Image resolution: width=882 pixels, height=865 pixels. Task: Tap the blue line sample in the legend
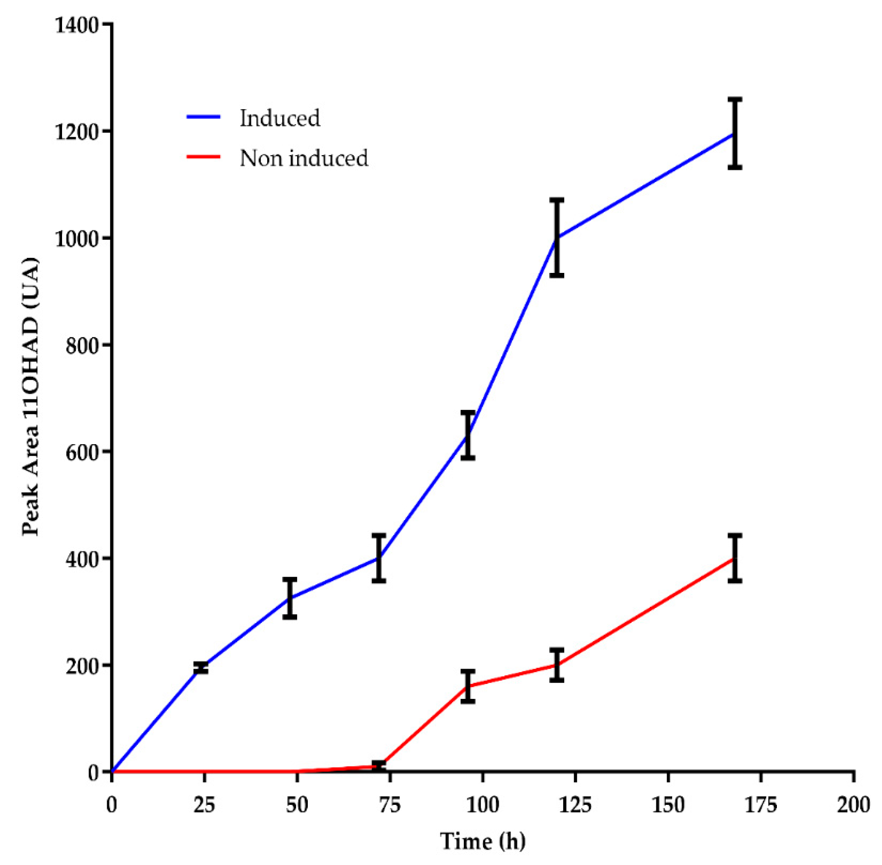(204, 117)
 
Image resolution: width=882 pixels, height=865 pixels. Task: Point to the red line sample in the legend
(204, 157)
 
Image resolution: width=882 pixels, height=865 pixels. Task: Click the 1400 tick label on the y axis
(76, 25)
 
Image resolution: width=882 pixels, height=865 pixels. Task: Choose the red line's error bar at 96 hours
(467, 687)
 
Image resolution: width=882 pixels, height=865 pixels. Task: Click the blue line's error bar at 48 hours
(290, 598)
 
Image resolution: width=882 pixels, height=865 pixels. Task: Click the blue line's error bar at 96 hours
(467, 435)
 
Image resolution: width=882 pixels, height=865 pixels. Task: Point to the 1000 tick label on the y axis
(76, 238)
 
